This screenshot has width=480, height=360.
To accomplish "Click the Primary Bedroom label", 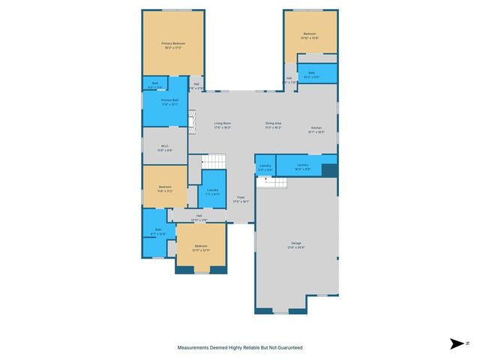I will [173, 44].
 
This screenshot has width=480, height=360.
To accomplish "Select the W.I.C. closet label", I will [165, 147].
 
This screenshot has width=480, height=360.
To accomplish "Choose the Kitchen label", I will [316, 128].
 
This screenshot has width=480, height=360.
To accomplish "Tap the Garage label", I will [296, 243].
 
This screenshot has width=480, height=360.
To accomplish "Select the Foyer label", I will [241, 197].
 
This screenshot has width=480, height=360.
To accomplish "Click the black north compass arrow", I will [457, 343].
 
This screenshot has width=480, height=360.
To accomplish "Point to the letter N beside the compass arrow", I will [468, 343].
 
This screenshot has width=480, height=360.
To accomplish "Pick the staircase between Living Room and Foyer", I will [214, 161].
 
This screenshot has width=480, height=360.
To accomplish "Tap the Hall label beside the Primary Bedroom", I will [196, 84].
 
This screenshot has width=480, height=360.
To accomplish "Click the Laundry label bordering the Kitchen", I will [303, 164].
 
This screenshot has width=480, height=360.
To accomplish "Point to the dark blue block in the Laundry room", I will [328, 169].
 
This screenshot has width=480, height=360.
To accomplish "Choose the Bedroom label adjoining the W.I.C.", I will [165, 187].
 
